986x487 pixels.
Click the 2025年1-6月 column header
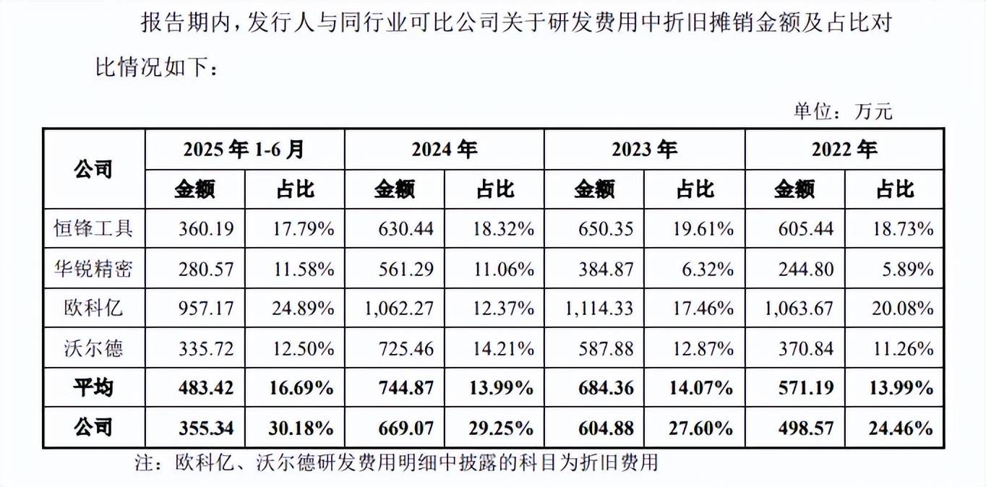244,150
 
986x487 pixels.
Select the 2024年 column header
444,150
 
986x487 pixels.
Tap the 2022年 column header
844,150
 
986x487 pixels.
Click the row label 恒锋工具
93,229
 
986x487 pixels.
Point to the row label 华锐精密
93,269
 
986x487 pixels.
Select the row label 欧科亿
93,309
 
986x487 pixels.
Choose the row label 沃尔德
93,348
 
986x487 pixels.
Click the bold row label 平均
93,388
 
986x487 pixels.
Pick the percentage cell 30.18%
304,428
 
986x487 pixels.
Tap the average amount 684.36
606,388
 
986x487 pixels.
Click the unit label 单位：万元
843,111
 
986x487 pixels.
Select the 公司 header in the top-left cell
93,170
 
